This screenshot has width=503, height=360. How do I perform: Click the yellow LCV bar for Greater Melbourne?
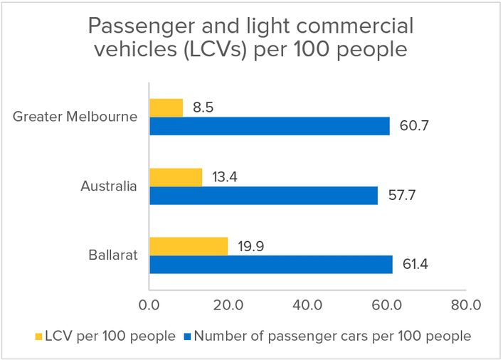point(166,107)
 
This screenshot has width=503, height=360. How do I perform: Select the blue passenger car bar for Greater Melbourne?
point(270,126)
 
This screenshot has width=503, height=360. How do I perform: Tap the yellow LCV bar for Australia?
point(176,177)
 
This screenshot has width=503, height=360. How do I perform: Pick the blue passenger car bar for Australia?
point(263,195)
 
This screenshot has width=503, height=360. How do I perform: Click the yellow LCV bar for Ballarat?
point(189,246)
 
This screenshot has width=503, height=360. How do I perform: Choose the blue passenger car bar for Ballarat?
point(271,265)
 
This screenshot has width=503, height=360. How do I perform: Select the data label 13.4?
point(223,177)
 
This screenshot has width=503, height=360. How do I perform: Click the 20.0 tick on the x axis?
point(230,305)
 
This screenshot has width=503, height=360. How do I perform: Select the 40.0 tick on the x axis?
point(308,305)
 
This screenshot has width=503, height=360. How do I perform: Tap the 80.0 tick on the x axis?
point(466,305)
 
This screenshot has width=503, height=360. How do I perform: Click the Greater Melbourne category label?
point(75,117)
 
